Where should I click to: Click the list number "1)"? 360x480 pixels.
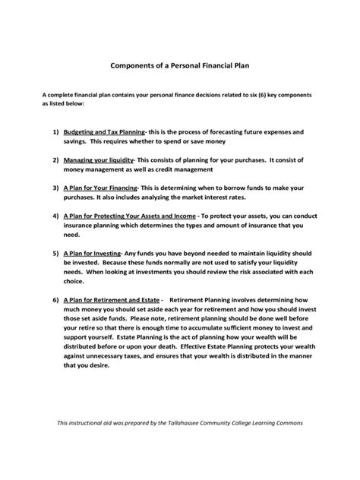click(x=55, y=131)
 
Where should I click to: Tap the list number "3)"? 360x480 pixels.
click(x=55, y=188)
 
